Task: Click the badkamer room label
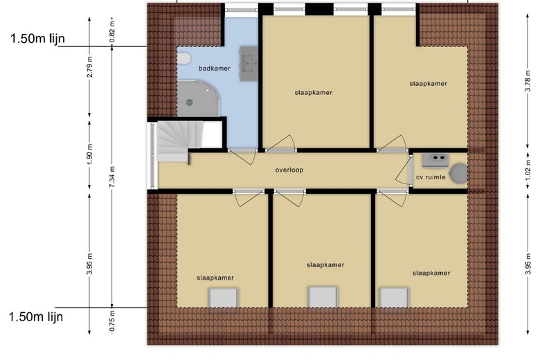(x=214, y=69)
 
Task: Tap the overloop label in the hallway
(x=289, y=170)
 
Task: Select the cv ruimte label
(x=431, y=177)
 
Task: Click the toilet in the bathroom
(x=184, y=59)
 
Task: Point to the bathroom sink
(x=249, y=64)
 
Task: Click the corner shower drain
(x=189, y=102)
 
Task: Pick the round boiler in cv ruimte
(x=459, y=174)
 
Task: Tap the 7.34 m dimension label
(x=112, y=177)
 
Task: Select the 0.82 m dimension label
(x=112, y=32)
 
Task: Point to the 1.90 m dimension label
(x=90, y=154)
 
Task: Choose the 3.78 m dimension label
(x=528, y=80)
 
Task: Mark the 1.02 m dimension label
(x=528, y=171)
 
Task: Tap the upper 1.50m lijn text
(x=37, y=38)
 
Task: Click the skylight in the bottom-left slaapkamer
(x=224, y=298)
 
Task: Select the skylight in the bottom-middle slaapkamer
(x=323, y=297)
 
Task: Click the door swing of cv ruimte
(x=404, y=171)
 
